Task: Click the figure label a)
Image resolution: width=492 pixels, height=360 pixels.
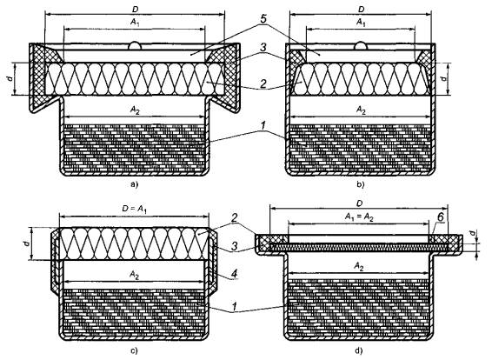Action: click(134, 184)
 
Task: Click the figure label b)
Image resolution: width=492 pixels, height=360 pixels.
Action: click(361, 184)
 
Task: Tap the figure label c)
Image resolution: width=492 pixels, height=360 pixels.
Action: click(134, 350)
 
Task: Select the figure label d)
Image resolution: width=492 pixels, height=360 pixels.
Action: click(359, 350)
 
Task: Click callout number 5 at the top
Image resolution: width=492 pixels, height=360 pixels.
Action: click(263, 19)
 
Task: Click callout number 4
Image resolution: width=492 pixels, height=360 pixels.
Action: click(234, 273)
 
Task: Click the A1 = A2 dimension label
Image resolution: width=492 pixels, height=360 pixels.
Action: click(359, 217)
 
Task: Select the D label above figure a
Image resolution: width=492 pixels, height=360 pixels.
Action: click(135, 10)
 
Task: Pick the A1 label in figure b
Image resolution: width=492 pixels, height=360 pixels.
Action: click(361, 23)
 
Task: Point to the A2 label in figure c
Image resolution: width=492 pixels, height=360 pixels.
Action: click(135, 276)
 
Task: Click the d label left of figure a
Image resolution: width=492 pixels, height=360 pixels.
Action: click(10, 78)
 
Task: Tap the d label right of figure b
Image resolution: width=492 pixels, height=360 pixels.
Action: click(443, 78)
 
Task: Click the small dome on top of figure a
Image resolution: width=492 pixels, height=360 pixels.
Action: click(135, 46)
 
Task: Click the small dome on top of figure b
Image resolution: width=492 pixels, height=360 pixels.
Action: click(361, 46)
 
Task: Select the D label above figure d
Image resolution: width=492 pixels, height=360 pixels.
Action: click(359, 203)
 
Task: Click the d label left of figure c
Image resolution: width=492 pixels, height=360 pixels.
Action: click(27, 243)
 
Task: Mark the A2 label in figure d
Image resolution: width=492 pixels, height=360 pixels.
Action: click(359, 266)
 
